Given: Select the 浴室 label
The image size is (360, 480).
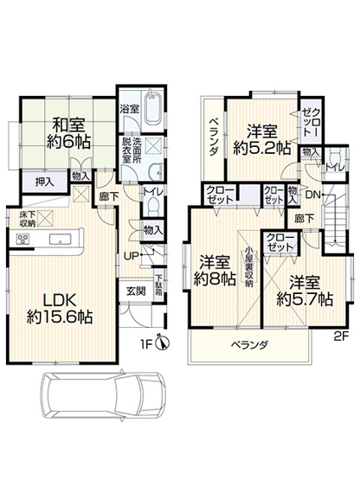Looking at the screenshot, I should click(128, 110).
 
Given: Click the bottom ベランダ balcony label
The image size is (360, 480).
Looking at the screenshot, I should click(249, 345).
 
